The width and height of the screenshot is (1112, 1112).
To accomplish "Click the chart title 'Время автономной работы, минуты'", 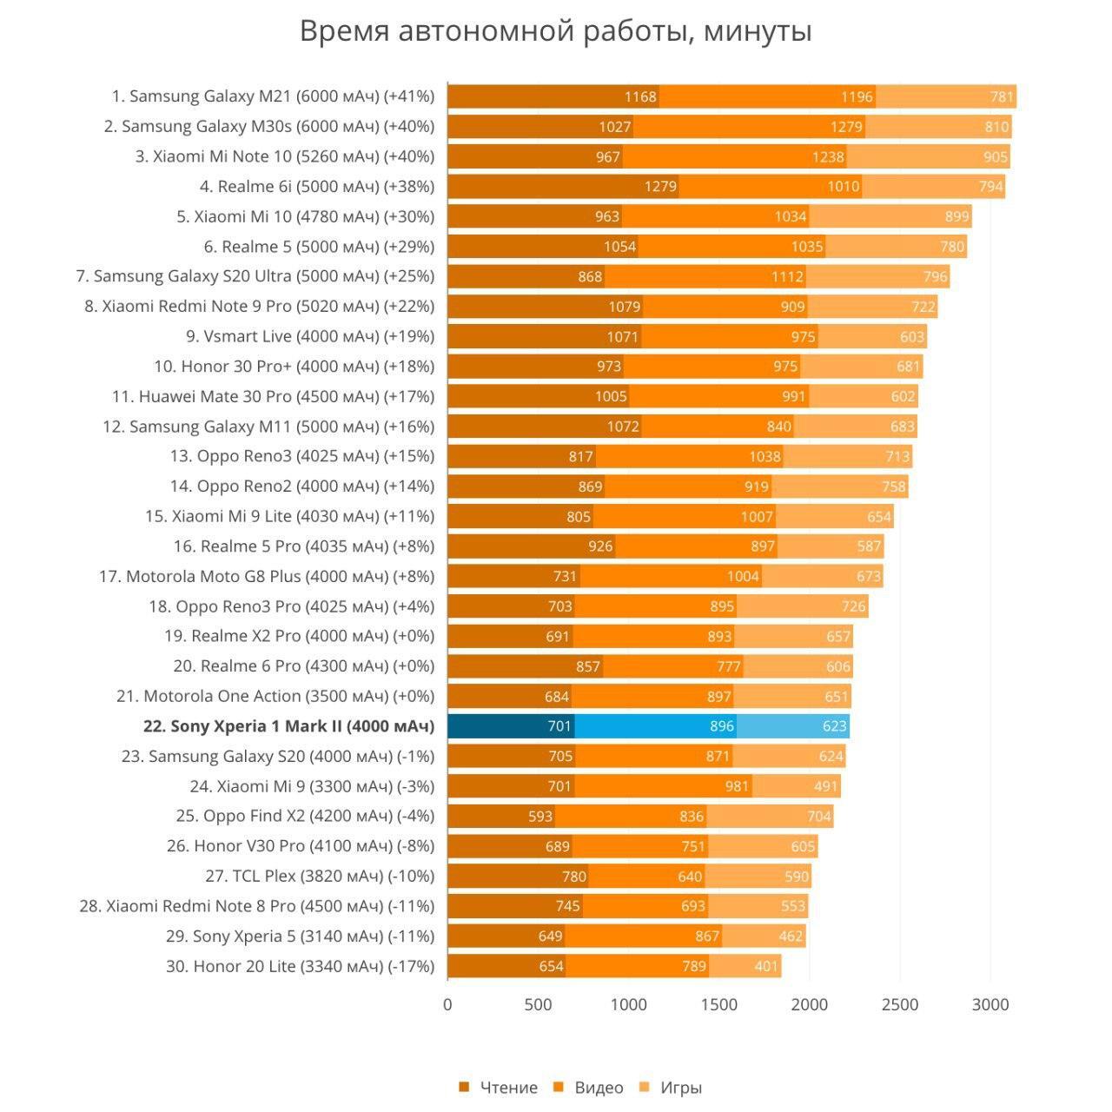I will click(556, 31).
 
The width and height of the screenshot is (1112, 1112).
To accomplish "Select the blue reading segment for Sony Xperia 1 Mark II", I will click(511, 726).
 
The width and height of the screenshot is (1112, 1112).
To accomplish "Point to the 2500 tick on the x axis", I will click(900, 1005).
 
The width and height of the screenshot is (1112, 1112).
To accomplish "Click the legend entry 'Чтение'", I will click(499, 1088).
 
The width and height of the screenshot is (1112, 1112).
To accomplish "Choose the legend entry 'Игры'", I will click(671, 1088).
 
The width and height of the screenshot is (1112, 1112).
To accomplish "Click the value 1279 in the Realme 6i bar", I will click(660, 187).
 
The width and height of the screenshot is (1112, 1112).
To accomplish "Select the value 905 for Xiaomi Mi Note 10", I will click(996, 156).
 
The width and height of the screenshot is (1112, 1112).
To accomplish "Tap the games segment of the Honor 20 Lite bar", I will click(745, 966).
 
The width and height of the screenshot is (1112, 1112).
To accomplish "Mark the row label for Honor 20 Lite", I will click(300, 966).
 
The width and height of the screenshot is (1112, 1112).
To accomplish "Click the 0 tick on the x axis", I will click(447, 1005).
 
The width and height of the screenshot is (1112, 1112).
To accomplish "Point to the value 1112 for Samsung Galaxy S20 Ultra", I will click(787, 276).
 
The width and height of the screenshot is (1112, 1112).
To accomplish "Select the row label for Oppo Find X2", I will click(305, 816).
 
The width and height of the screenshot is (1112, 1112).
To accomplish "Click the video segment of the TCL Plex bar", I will click(646, 876).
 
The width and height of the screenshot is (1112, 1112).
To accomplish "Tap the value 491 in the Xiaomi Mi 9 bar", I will click(825, 786).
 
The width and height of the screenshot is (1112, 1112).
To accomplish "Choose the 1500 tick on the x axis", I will click(719, 1005).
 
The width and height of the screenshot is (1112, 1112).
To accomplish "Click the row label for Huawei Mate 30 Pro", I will click(273, 396).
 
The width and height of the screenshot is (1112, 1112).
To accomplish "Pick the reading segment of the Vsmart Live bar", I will click(544, 336).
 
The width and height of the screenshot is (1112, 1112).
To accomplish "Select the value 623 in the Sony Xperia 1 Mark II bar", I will click(834, 726).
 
